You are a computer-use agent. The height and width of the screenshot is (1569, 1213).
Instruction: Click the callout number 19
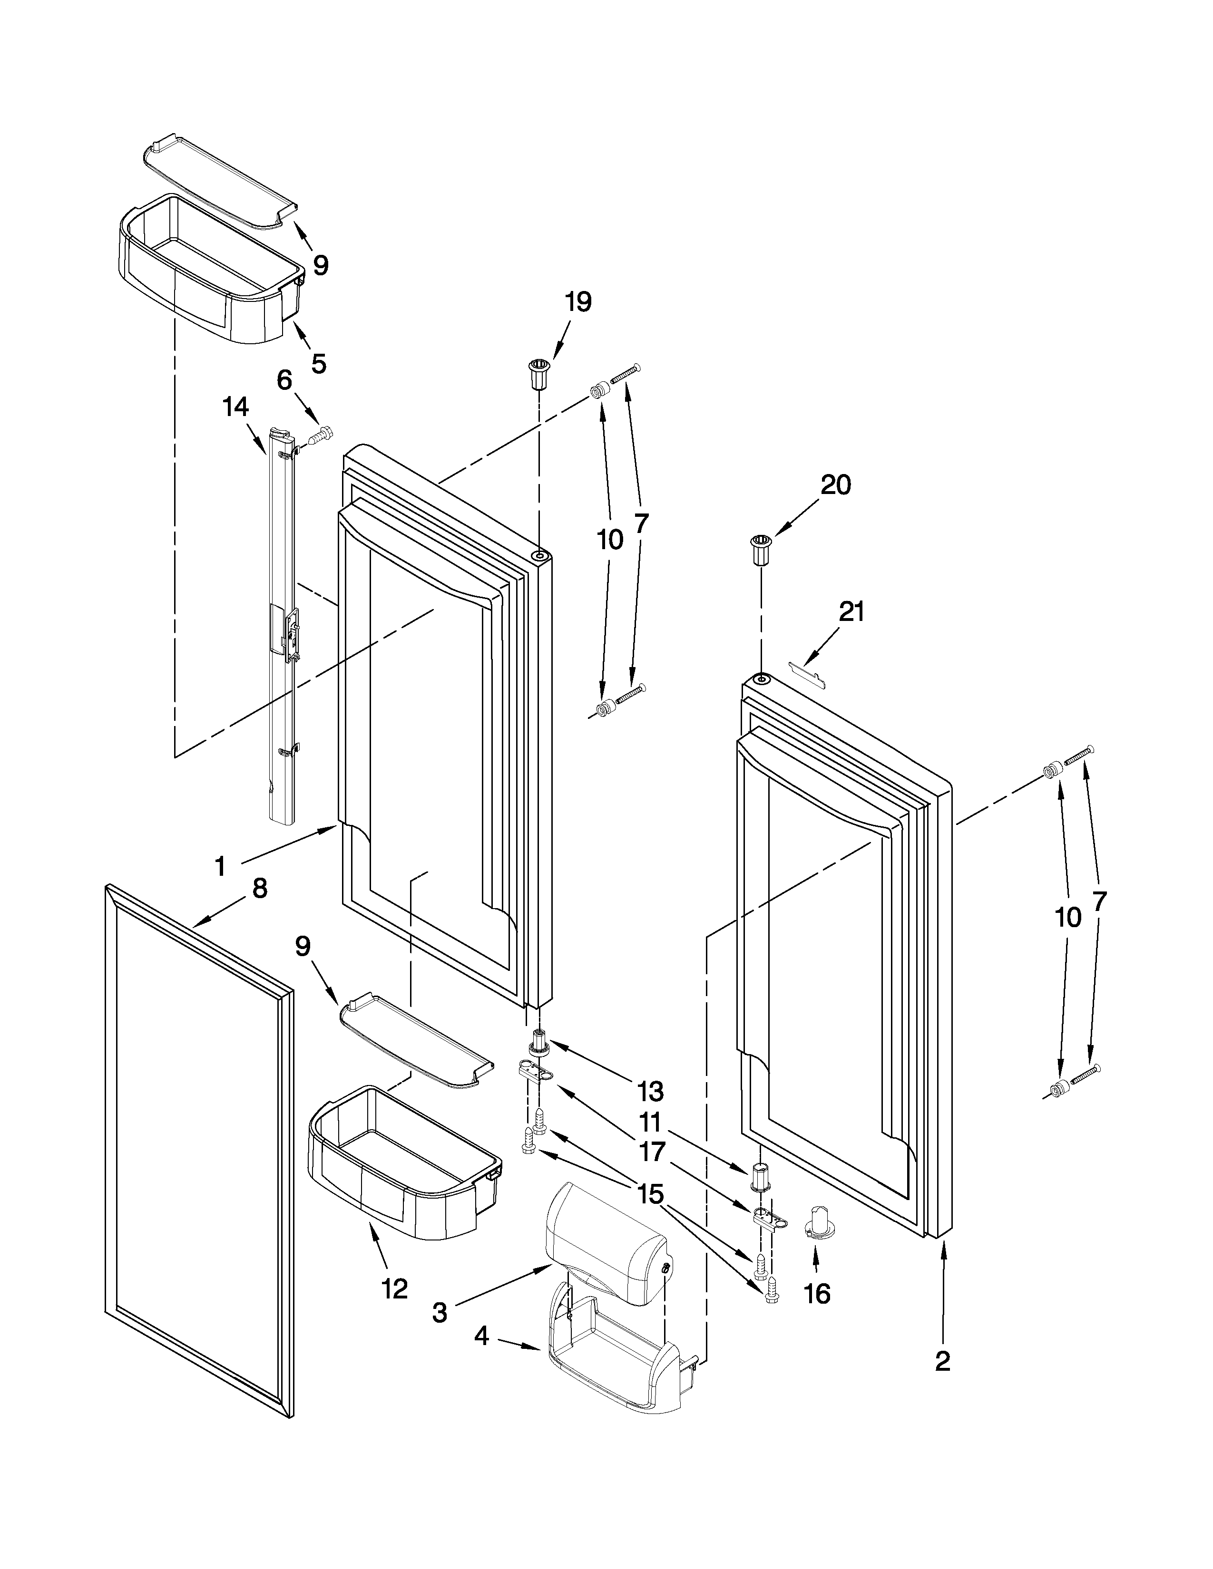click(x=578, y=302)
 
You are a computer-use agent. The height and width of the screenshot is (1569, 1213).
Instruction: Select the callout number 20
click(x=836, y=485)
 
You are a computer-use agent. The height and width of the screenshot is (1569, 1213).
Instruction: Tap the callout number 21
click(x=851, y=612)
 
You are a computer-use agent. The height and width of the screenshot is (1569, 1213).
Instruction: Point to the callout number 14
click(x=235, y=407)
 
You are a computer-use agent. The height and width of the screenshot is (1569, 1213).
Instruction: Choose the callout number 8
click(x=259, y=889)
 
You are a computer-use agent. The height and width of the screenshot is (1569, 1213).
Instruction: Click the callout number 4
click(x=481, y=1336)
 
